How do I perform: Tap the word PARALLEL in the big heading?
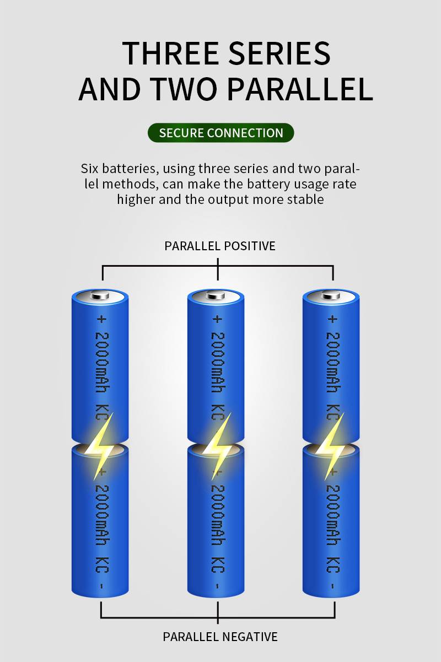pos(300,89)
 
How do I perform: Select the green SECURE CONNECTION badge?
pos(221,133)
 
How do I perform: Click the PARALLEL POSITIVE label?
pos(219,246)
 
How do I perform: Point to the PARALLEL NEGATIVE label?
pos(220,637)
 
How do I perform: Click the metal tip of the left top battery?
pos(100,295)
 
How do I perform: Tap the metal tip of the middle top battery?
pos(216,295)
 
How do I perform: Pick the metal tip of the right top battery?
pos(331,295)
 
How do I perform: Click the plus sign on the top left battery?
pos(101,319)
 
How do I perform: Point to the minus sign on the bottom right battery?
pos(333,586)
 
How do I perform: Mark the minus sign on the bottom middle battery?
pos(218,586)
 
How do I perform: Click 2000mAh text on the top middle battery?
pos(218,362)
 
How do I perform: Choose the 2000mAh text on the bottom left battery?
pos(103,515)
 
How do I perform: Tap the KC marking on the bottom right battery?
pos(333,564)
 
